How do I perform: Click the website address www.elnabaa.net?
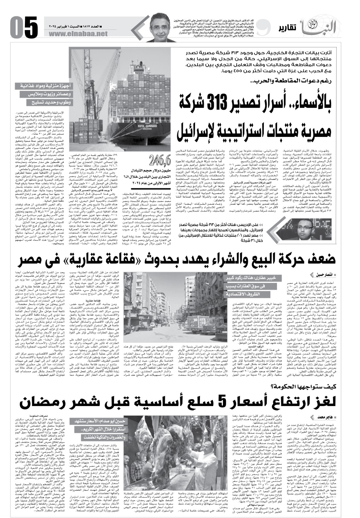tap(74, 34)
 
